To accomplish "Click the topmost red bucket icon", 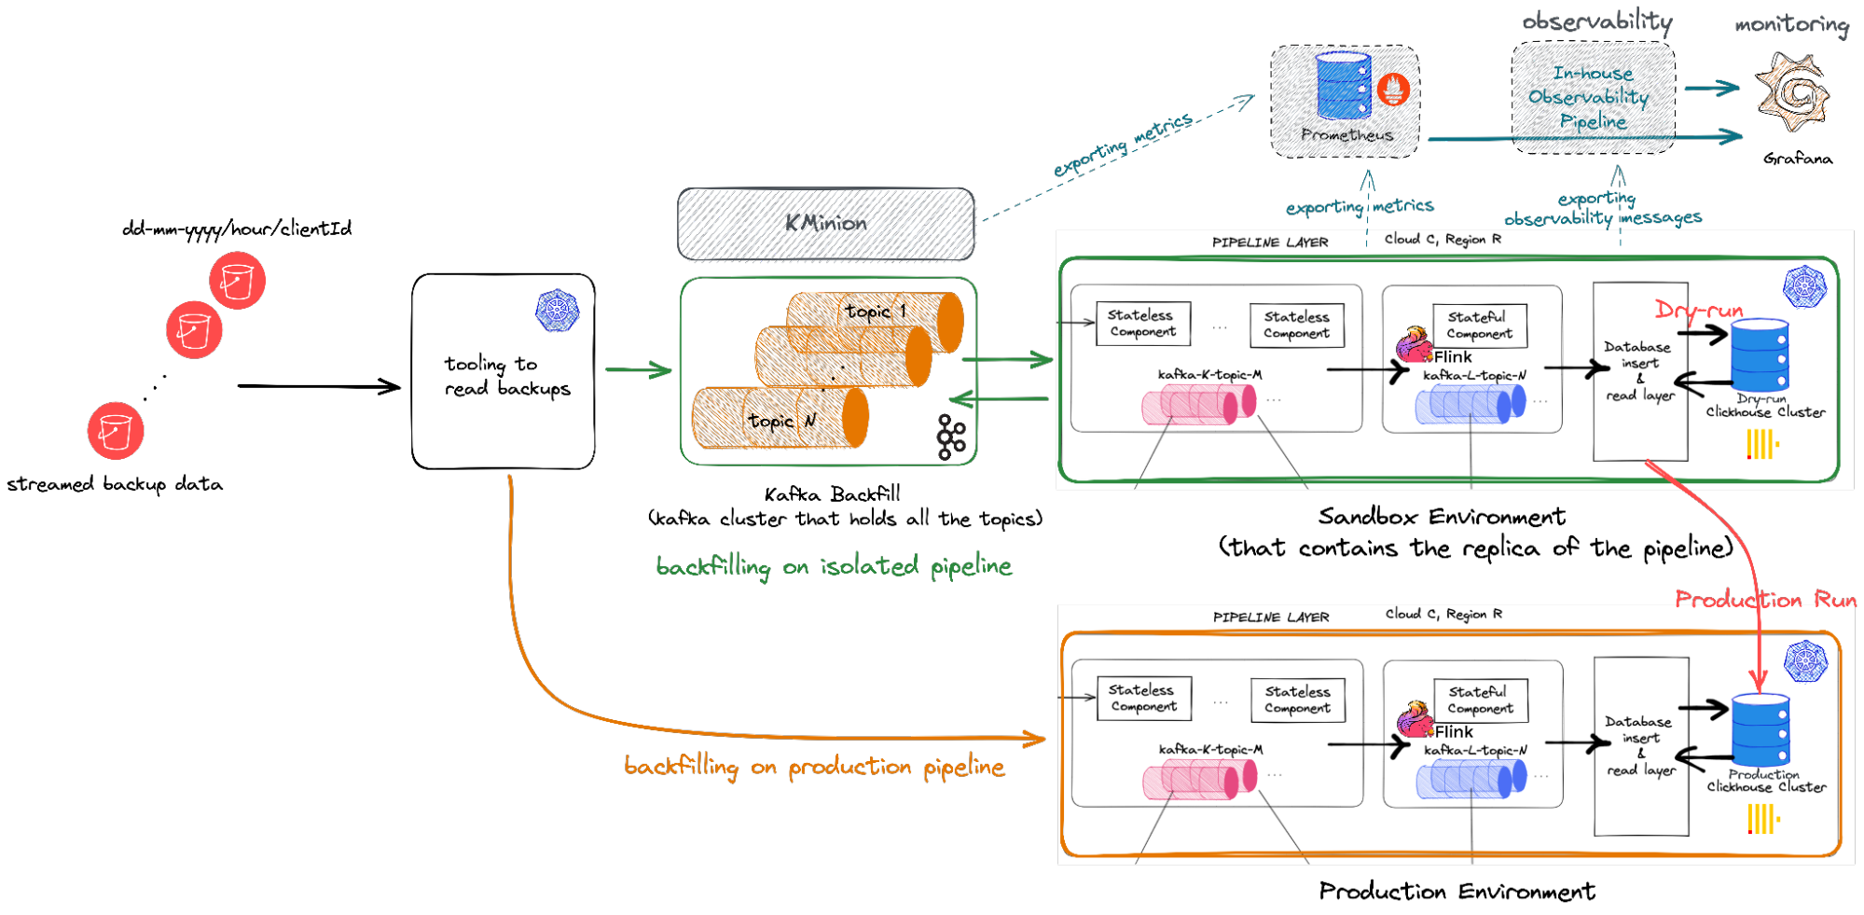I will pos(237,281).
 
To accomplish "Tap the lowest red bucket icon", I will pos(116,431).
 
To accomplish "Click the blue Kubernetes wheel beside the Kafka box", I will pos(558,311).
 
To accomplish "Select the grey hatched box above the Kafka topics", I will pos(826,224).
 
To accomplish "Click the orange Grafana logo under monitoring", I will pos(1791,94).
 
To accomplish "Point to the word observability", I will pos(1596,21).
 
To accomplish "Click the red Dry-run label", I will pos(1698,310).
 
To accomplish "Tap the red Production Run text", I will pos(1765,599).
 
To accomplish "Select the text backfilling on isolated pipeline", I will pos(834,566).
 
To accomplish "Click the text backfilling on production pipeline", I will pos(814,767).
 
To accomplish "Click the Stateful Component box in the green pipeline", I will pos(1480,326).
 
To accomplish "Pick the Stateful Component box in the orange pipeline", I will pos(1481,700).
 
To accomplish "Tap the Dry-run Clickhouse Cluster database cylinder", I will pos(1760,354).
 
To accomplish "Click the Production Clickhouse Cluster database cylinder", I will pos(1760,730).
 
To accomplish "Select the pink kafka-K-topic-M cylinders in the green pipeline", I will pos(1199,405).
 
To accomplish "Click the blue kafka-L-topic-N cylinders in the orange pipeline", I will pos(1471,779).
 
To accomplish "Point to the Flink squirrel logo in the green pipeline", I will pos(1414,345).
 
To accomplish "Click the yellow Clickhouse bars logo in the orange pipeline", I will pos(1762,820).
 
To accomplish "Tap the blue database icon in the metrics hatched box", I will pos(1343,86).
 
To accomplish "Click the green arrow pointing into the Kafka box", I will pos(639,370).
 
